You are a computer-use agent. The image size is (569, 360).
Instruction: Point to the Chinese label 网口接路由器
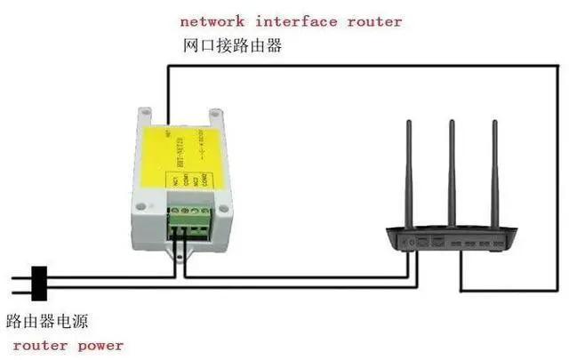click(232, 45)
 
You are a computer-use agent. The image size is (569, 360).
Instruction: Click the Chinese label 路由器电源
click(47, 319)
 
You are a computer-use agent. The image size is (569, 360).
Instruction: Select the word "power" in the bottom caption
click(97, 345)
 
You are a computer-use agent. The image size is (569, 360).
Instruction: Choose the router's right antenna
click(494, 173)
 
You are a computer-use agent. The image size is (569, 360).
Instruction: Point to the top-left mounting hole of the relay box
click(143, 114)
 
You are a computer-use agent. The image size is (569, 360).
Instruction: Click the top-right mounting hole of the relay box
click(215, 116)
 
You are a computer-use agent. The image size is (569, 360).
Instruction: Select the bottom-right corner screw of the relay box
click(225, 211)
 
